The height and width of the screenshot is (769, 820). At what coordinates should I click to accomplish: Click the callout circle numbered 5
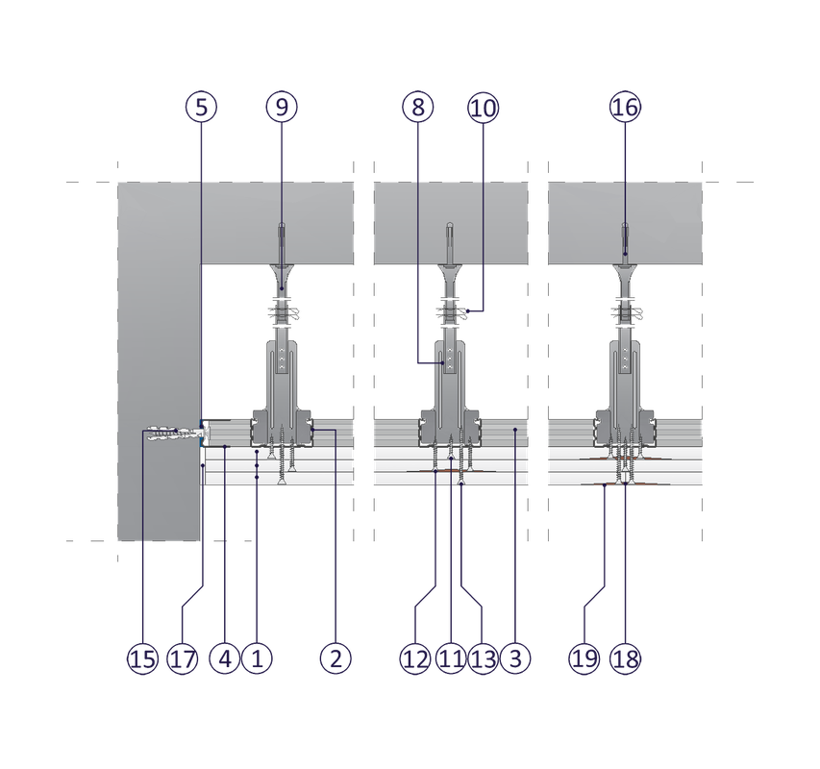click(x=201, y=107)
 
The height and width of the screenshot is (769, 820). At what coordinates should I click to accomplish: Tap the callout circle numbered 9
click(x=282, y=107)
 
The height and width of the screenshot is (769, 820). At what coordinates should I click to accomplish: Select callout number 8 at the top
click(x=418, y=107)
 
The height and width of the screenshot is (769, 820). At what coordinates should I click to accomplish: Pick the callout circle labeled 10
click(x=484, y=108)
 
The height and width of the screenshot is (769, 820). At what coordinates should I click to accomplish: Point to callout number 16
click(x=625, y=107)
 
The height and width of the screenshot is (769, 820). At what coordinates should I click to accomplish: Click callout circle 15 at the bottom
click(x=142, y=658)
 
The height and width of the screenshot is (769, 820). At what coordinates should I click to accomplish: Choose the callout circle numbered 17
click(x=183, y=658)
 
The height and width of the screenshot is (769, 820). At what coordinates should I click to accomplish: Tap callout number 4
click(x=224, y=658)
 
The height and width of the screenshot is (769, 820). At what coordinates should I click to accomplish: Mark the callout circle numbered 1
click(x=257, y=658)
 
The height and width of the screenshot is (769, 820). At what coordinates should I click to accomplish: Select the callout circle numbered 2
click(x=335, y=658)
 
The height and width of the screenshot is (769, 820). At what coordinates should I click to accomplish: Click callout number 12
click(x=415, y=658)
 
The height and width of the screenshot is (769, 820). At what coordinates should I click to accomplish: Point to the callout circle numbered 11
click(x=451, y=658)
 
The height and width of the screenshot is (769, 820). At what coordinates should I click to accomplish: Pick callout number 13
click(x=483, y=658)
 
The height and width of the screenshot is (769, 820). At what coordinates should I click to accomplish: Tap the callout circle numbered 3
click(x=515, y=658)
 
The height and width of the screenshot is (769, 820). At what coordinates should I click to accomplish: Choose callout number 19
click(x=584, y=658)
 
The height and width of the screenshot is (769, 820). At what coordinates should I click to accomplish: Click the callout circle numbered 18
click(x=626, y=658)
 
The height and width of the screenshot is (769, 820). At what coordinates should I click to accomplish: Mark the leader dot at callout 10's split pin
click(x=468, y=311)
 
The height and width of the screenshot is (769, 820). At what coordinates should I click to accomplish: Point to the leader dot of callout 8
click(x=443, y=362)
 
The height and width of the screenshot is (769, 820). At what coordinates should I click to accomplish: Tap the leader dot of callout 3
click(x=515, y=430)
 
